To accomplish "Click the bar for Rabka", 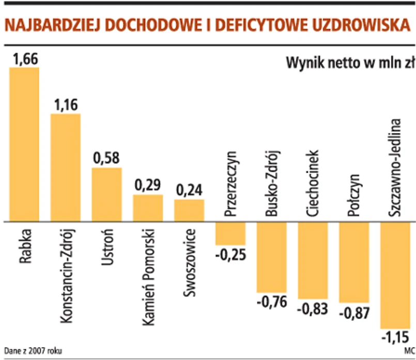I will pyautogui.click(x=24, y=145).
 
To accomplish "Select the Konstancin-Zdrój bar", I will pyautogui.click(x=65, y=168).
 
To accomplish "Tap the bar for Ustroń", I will pyautogui.click(x=106, y=195).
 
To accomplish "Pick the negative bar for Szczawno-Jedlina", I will pyautogui.click(x=395, y=275).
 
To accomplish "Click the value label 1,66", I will pyautogui.click(x=24, y=59).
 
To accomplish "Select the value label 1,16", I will pyautogui.click(x=66, y=105).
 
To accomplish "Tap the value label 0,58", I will pyautogui.click(x=106, y=159).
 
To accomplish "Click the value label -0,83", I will pyautogui.click(x=312, y=309).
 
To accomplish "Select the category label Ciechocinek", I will pyautogui.click(x=313, y=183).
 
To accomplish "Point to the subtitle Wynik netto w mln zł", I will pyautogui.click(x=350, y=64).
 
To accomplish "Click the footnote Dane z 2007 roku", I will pyautogui.click(x=32, y=350).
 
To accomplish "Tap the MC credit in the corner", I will pyautogui.click(x=409, y=350).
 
